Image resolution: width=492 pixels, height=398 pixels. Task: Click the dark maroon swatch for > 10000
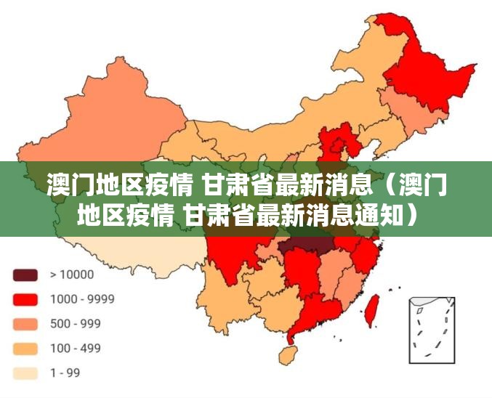click(25, 275)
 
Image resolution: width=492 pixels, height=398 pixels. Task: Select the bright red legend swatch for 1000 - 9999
click(25, 298)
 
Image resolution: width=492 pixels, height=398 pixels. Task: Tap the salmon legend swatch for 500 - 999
click(25, 324)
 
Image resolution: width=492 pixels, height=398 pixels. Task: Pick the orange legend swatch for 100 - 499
click(25, 349)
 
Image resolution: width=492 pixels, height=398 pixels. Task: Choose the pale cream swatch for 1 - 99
click(25, 373)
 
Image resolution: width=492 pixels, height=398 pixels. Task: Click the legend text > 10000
click(72, 275)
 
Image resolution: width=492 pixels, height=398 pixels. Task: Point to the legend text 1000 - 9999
click(81, 298)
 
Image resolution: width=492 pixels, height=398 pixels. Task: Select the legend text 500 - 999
click(76, 324)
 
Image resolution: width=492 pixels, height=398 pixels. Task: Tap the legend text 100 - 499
click(76, 349)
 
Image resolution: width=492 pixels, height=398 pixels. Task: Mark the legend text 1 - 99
click(65, 373)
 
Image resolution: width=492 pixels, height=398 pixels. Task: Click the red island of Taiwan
click(372, 309)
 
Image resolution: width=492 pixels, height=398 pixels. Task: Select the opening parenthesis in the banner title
click(387, 186)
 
